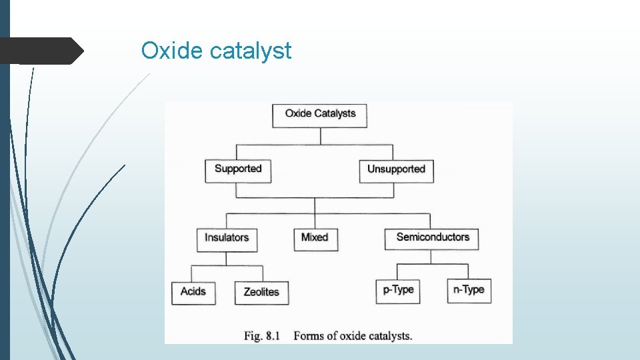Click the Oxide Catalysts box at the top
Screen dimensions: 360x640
point(320,114)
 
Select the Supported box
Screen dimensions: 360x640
point(238,169)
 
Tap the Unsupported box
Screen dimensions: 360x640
point(396,169)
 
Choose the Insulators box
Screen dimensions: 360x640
point(227,238)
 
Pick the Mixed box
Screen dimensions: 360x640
point(315,238)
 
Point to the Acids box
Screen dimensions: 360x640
point(193,292)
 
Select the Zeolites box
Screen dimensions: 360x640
point(261,292)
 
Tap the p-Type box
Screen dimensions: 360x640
point(398,290)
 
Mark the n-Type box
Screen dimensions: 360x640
point(469,290)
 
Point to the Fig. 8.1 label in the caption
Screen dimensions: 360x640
point(261,335)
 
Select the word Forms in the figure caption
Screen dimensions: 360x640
point(309,335)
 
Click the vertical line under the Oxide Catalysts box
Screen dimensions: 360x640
point(321,136)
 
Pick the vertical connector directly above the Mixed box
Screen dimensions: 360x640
point(315,221)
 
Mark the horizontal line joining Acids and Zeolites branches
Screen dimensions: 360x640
point(227,265)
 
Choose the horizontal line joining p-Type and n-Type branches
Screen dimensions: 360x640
point(433,264)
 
